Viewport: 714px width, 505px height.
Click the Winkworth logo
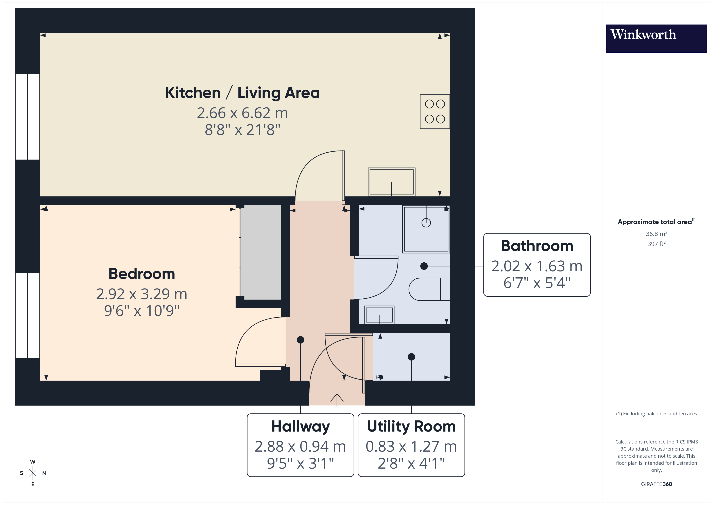(x=656, y=38)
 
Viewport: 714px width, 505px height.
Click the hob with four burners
(x=435, y=111)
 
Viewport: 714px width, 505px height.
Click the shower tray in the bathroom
(x=426, y=229)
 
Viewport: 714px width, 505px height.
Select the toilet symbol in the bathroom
(x=429, y=289)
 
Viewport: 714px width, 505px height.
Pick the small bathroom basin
(x=379, y=315)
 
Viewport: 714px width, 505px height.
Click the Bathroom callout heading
(x=537, y=246)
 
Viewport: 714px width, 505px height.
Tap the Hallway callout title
(x=300, y=426)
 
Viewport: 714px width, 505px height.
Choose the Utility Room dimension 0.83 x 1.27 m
(x=411, y=447)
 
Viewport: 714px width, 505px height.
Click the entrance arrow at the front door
(x=337, y=400)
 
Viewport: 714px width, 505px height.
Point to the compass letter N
(x=44, y=473)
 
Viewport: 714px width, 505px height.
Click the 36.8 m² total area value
(x=656, y=233)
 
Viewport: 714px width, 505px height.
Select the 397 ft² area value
(x=656, y=244)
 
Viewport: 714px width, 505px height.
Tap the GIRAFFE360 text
(x=656, y=484)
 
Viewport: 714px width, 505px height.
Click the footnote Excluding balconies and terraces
(x=656, y=414)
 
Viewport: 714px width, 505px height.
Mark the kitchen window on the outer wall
(x=27, y=117)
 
